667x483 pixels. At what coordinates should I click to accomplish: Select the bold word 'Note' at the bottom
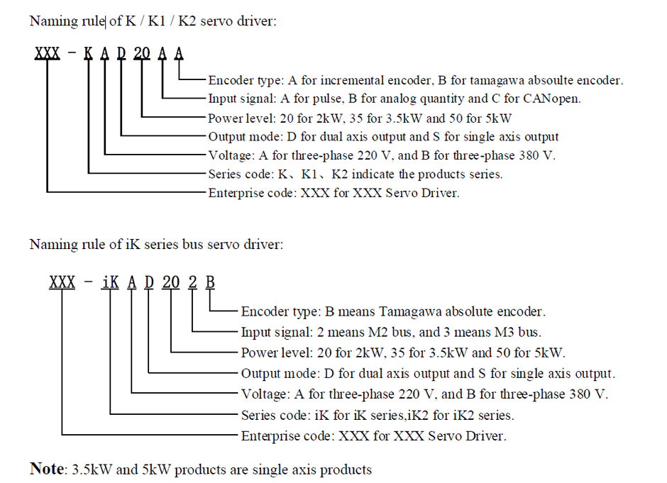click(x=46, y=469)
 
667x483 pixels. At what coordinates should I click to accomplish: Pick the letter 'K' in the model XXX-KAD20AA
click(x=89, y=55)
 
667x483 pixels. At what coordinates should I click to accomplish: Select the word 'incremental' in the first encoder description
click(x=365, y=80)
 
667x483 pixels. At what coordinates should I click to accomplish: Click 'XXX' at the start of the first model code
click(x=48, y=55)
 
